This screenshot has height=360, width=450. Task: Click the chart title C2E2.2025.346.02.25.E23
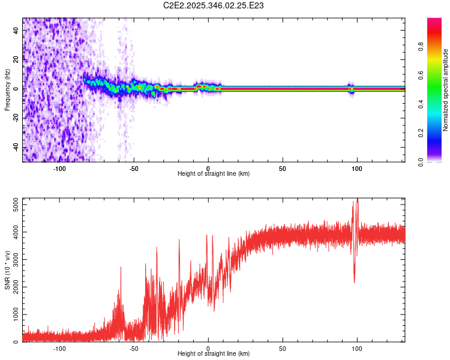point(214,5)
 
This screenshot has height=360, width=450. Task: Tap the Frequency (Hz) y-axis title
point(7,90)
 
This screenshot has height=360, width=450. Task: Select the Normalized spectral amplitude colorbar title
point(446,90)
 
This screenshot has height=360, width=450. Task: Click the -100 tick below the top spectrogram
point(59,169)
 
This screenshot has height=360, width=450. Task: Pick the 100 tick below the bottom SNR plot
point(357,349)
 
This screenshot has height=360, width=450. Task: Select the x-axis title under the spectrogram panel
point(214,174)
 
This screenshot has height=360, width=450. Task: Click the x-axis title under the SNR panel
point(214,354)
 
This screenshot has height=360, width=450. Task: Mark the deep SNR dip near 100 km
point(354,281)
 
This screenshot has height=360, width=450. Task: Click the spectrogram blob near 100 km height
point(352,89)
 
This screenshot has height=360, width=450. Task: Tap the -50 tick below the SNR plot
point(134,349)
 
